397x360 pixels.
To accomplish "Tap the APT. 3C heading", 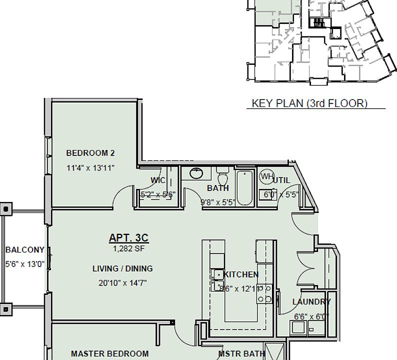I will pyautogui.click(x=129, y=237).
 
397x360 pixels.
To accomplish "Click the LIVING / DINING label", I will pyautogui.click(x=122, y=268).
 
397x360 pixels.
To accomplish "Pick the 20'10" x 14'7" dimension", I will pyautogui.click(x=122, y=282).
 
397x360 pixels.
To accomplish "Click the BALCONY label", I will pyautogui.click(x=24, y=250).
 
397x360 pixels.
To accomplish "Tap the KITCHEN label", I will pyautogui.click(x=241, y=274).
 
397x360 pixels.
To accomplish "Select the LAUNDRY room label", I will pyautogui.click(x=311, y=301).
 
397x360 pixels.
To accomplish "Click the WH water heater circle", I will pyautogui.click(x=267, y=176).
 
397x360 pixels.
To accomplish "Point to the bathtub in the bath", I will pyautogui.click(x=244, y=187).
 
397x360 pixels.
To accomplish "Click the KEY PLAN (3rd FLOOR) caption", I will pyautogui.click(x=309, y=103).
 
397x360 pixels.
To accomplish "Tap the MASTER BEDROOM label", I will pyautogui.click(x=109, y=353).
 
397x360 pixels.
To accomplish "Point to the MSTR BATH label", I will pyautogui.click(x=241, y=353).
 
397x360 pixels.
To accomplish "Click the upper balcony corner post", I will pyautogui.click(x=6, y=208).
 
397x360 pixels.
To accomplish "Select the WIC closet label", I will pyautogui.click(x=158, y=180).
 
